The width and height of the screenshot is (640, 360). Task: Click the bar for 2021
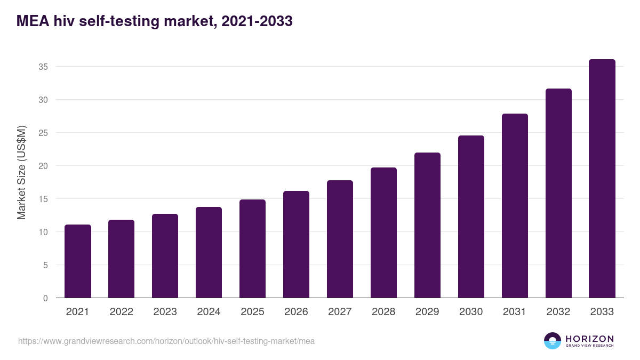click(x=77, y=261)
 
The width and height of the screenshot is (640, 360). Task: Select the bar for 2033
click(x=602, y=179)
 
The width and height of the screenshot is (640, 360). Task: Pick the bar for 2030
click(x=471, y=217)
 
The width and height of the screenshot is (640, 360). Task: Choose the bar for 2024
click(x=209, y=252)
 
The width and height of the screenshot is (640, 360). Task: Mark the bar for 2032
click(x=558, y=193)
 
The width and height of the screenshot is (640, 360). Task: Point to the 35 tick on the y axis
click(x=43, y=67)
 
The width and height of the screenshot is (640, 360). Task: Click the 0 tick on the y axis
click(x=45, y=298)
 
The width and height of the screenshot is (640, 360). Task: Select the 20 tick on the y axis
click(x=43, y=166)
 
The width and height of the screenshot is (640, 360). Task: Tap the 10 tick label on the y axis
click(x=43, y=232)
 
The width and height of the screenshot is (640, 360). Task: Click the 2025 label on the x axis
click(x=252, y=312)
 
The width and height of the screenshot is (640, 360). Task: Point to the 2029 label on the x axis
click(x=427, y=312)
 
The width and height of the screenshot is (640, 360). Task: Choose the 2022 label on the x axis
click(x=121, y=312)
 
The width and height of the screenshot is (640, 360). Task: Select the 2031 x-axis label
click(x=515, y=312)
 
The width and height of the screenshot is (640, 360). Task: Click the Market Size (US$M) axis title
click(x=21, y=172)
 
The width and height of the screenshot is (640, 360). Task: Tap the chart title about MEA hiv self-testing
click(x=155, y=21)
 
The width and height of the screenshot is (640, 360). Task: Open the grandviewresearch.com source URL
click(x=166, y=341)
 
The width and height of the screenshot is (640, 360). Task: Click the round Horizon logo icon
click(x=553, y=341)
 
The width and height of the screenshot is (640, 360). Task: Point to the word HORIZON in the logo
click(x=589, y=338)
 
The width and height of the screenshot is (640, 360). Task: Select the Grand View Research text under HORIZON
click(x=589, y=346)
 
